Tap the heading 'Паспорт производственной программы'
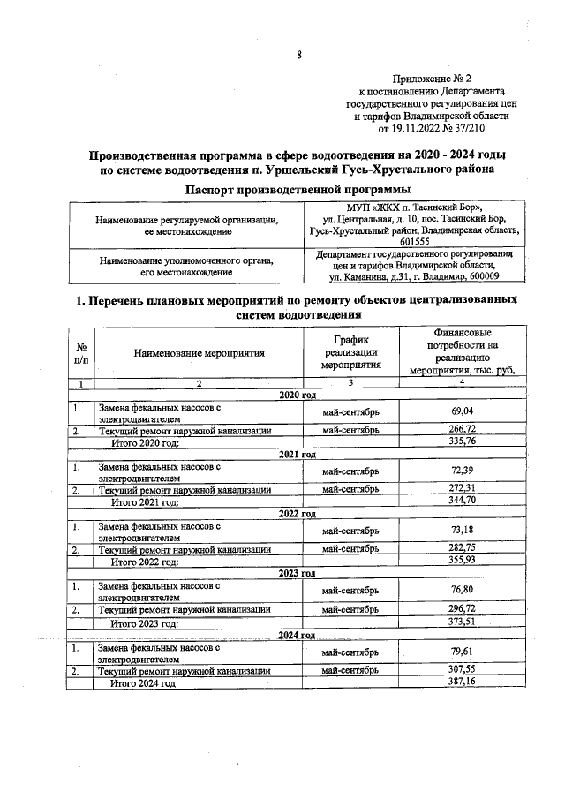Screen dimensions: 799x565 coord(298,189)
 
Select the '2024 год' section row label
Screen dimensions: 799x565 coord(298,635)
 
